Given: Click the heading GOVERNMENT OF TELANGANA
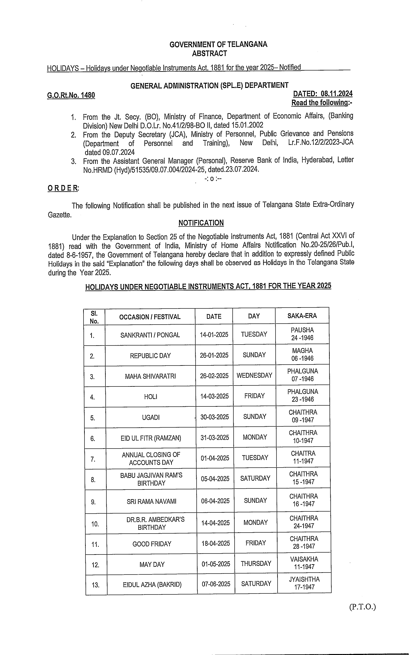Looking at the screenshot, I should point(218,44).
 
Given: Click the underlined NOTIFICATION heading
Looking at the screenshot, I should point(201,223).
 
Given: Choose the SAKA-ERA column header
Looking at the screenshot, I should point(302,316).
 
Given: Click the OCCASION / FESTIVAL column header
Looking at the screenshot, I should point(150,317).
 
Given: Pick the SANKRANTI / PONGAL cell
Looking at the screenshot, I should point(150,335).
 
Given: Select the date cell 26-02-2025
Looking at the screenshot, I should point(214,376).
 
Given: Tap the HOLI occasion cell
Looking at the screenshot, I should point(151,397).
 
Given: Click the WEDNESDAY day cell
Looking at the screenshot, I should point(254,375).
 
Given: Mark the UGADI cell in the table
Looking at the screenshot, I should point(151,417).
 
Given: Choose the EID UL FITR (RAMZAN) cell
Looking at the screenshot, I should point(151,438).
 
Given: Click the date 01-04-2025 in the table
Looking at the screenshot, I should point(215,458).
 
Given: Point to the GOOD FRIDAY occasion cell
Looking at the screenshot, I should point(152,544).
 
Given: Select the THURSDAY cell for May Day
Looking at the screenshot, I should point(256,564).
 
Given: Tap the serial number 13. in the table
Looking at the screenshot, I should point(96,585).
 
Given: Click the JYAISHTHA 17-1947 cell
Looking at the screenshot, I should point(304,583).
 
